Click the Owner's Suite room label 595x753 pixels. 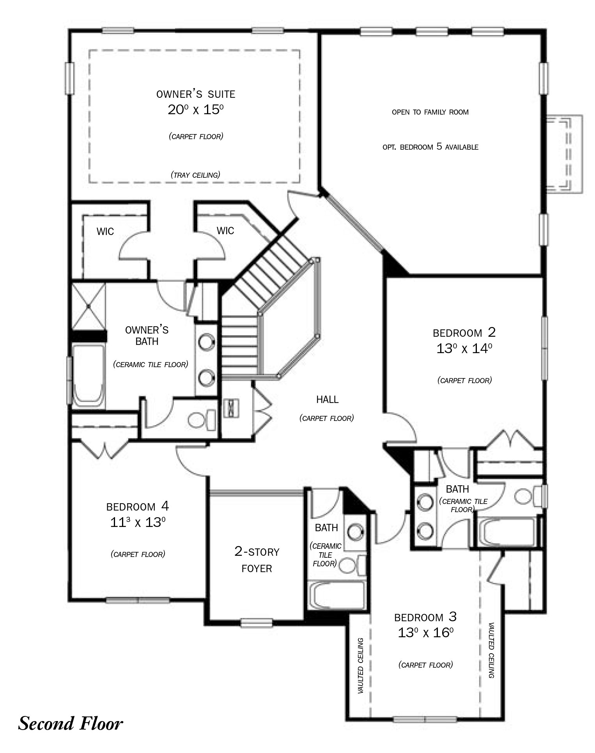click(x=196, y=94)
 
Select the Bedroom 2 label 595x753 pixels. click(x=464, y=332)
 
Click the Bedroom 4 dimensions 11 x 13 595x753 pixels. click(x=138, y=522)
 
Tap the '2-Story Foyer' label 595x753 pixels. click(x=257, y=560)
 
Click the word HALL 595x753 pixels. click(x=327, y=399)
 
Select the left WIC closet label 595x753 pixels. click(x=105, y=232)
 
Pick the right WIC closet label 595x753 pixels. click(x=225, y=231)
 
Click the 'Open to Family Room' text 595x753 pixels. click(x=430, y=112)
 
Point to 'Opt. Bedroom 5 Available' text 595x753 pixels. click(x=430, y=147)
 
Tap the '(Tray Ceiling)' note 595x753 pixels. click(x=195, y=175)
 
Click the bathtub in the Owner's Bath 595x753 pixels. click(x=89, y=376)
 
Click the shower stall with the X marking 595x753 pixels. click(x=89, y=307)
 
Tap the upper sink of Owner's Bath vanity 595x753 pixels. click(x=206, y=342)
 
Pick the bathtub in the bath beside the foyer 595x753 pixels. click(x=337, y=595)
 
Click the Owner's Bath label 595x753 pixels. click(x=147, y=336)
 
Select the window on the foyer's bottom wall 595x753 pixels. click(x=256, y=623)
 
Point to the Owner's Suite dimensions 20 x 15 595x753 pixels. click(x=196, y=110)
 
